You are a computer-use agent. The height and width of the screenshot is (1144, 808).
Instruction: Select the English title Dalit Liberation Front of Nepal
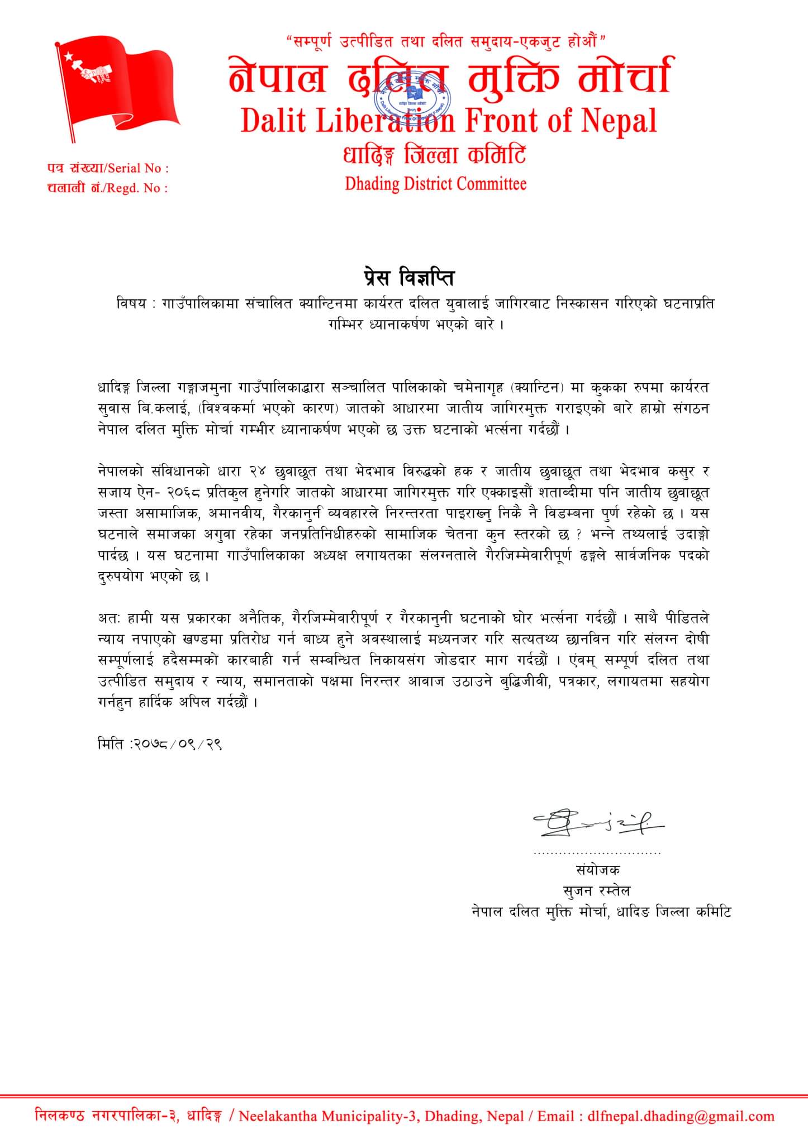click(449, 121)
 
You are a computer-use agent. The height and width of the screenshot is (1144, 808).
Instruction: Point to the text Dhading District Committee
click(435, 183)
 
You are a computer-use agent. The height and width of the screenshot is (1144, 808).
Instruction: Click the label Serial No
click(137, 168)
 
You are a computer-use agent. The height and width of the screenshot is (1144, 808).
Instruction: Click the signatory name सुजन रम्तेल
click(597, 890)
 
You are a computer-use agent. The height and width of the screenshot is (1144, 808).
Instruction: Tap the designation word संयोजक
click(597, 870)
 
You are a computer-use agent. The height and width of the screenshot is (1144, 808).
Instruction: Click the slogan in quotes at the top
click(445, 40)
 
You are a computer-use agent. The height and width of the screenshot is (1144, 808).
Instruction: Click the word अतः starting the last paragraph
click(108, 618)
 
